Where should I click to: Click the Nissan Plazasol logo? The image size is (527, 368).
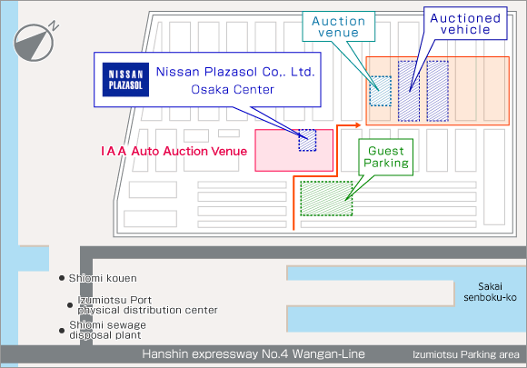pyautogui.click(x=125, y=80)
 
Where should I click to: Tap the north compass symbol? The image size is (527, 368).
pyautogui.click(x=34, y=43)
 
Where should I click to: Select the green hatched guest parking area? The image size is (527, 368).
pyautogui.click(x=326, y=198)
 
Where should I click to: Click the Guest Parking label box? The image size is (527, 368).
pyautogui.click(x=386, y=157)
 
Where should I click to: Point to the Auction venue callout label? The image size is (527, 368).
pyautogui.click(x=338, y=26)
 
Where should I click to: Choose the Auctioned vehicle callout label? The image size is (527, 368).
pyautogui.click(x=465, y=24)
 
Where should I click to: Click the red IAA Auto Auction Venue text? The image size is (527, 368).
pyautogui.click(x=174, y=151)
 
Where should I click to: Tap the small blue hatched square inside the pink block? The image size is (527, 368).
pyautogui.click(x=307, y=140)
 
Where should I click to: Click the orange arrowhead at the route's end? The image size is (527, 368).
pyautogui.click(x=358, y=125)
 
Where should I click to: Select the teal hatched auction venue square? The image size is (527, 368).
pyautogui.click(x=381, y=91)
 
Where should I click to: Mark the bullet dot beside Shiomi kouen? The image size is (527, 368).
pyautogui.click(x=62, y=278)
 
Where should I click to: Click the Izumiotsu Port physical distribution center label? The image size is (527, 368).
pyautogui.click(x=147, y=304)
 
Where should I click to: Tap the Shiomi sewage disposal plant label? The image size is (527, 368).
pyautogui.click(x=107, y=330)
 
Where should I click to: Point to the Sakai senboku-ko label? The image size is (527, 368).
pyautogui.click(x=490, y=292)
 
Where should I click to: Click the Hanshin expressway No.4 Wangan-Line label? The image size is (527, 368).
pyautogui.click(x=254, y=353)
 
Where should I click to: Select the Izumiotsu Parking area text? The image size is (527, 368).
pyautogui.click(x=466, y=354)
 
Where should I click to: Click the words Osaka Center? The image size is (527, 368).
pyautogui.click(x=233, y=89)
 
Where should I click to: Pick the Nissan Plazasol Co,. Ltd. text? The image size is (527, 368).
pyautogui.click(x=235, y=72)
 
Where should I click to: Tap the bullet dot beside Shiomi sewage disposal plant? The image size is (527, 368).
pyautogui.click(x=62, y=331)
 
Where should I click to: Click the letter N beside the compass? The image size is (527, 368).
pyautogui.click(x=55, y=25)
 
